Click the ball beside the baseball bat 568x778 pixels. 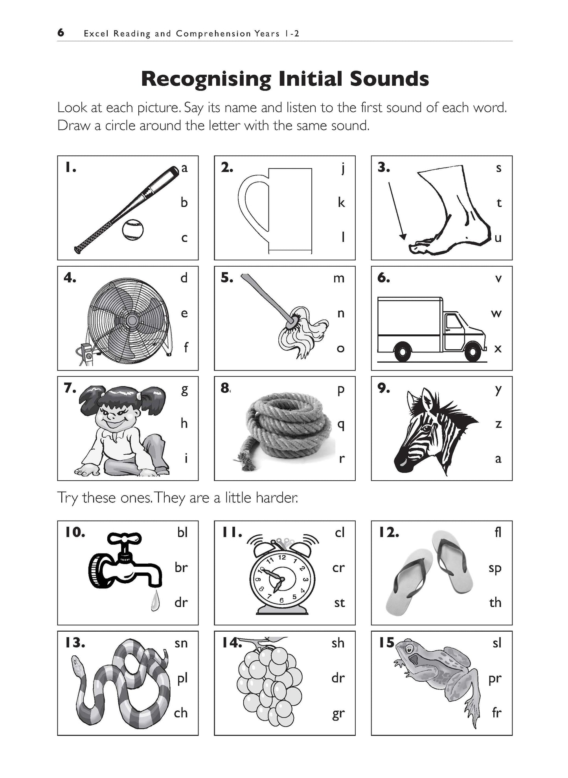(x=132, y=230)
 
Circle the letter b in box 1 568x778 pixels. (x=184, y=202)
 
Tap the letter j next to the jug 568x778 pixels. (x=342, y=168)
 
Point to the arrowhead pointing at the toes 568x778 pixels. (x=402, y=236)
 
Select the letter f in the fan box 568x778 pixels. (x=186, y=347)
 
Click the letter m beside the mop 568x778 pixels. (x=339, y=278)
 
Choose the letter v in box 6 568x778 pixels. (x=498, y=278)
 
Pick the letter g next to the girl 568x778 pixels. (x=184, y=390)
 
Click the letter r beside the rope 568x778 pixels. (x=342, y=459)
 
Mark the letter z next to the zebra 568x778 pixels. (x=498, y=424)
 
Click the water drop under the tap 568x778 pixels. (x=156, y=602)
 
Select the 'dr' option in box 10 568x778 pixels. (x=181, y=602)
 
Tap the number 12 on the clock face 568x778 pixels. (x=282, y=557)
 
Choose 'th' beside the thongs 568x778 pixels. (x=495, y=602)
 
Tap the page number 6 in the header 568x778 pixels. (x=61, y=33)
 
